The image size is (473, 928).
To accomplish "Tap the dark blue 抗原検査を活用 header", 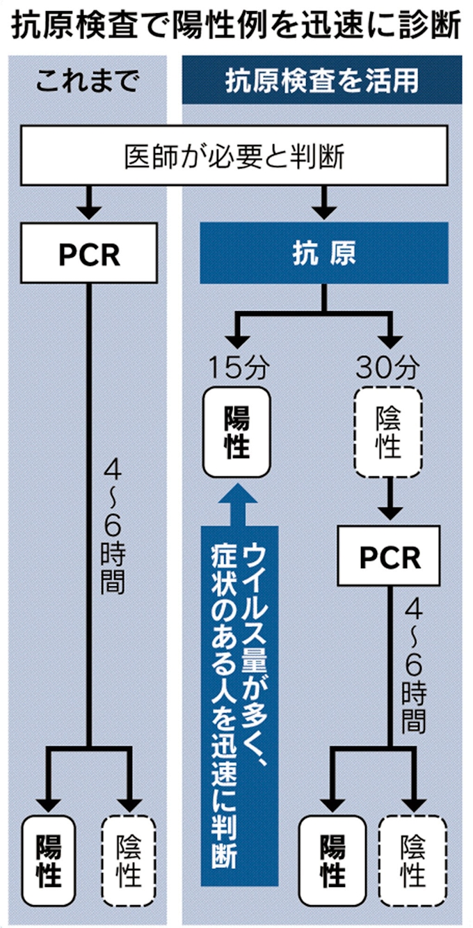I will click(321, 81).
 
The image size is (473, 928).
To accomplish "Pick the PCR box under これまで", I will click(89, 253).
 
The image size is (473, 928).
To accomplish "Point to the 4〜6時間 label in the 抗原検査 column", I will click(413, 668).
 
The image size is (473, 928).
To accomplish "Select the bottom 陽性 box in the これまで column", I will click(48, 859).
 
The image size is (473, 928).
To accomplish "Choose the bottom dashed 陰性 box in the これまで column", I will click(130, 859).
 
